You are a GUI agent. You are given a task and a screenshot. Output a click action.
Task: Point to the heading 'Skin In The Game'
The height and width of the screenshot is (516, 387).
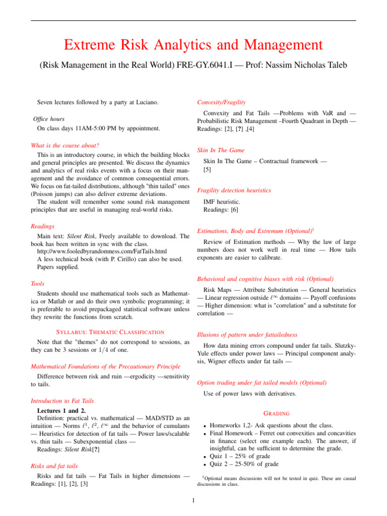[221, 150]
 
